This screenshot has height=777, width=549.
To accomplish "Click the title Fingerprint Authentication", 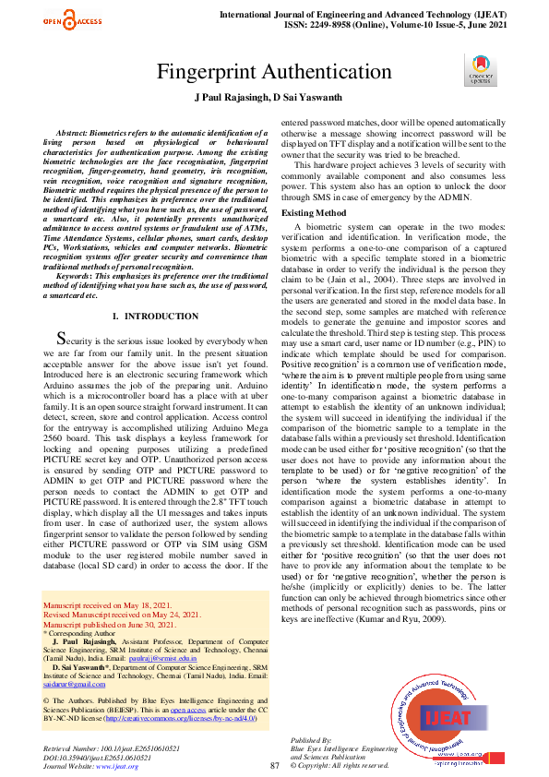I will tap(274, 73).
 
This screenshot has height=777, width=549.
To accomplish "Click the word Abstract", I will tap(78, 133).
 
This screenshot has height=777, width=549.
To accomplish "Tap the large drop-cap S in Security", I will tap(62, 340).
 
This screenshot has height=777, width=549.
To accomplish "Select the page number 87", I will tap(274, 740).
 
